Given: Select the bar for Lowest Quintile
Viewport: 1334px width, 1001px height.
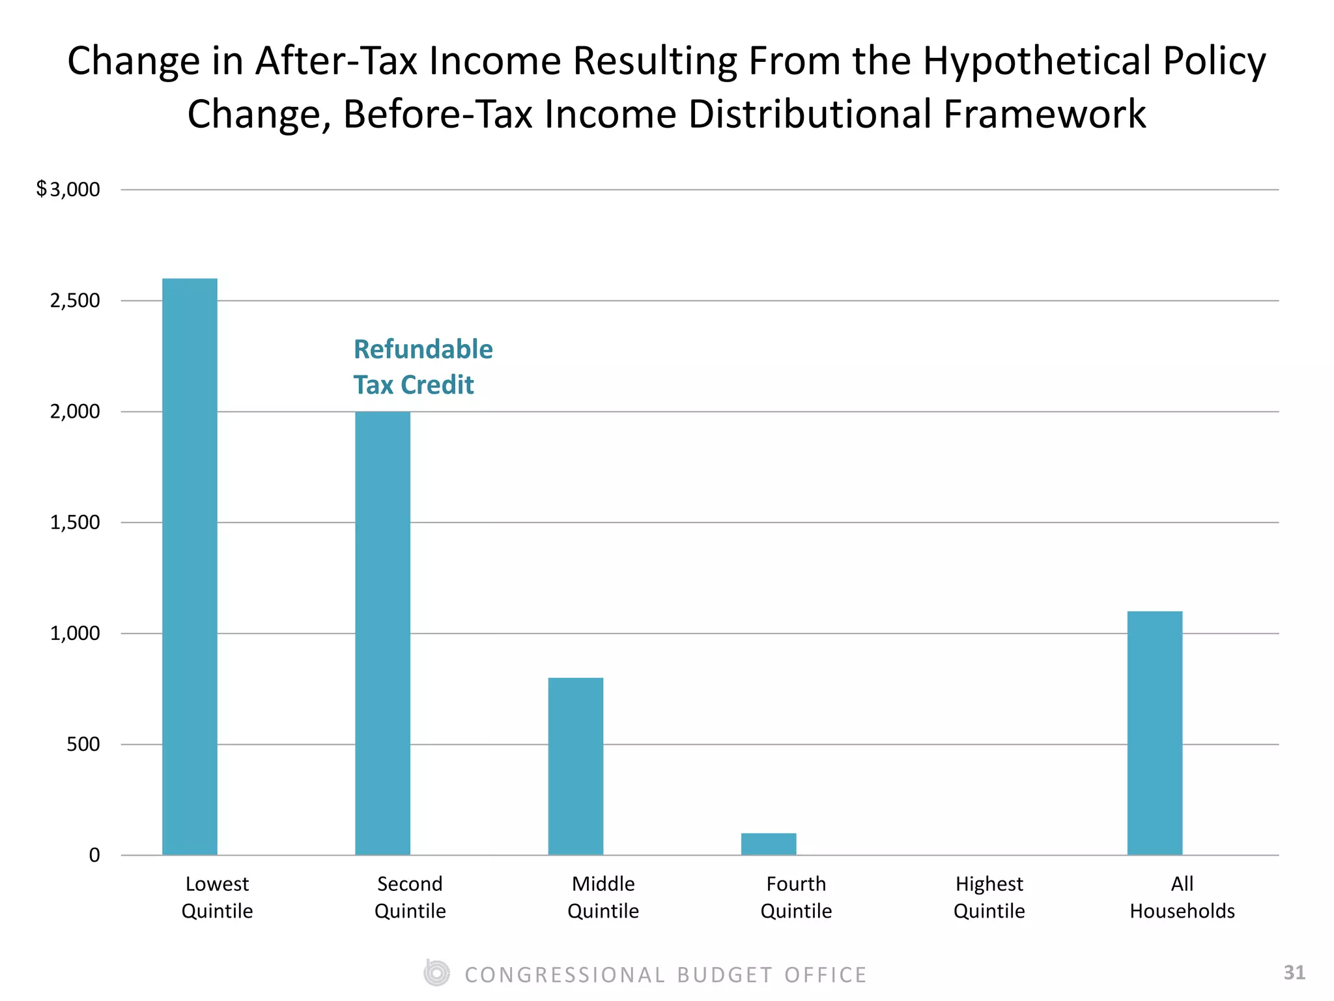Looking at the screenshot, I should (190, 566).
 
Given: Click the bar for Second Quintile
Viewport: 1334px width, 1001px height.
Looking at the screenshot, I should (382, 633).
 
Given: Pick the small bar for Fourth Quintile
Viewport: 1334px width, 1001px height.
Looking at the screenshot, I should (769, 844).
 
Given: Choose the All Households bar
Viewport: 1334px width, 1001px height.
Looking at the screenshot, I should (1154, 733).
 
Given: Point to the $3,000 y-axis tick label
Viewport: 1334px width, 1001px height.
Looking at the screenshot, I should (68, 190).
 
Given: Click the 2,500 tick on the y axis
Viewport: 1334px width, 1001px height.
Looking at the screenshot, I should (75, 300).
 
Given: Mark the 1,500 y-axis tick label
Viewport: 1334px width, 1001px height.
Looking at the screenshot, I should (75, 522).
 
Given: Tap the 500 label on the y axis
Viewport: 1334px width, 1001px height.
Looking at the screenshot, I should (83, 744).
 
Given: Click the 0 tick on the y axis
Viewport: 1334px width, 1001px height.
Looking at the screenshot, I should (94, 855).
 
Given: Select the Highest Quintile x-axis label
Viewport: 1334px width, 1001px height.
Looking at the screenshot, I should (989, 897).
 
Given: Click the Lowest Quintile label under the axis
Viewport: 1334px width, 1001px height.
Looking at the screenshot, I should (217, 897).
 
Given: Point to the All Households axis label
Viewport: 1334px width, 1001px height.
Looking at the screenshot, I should (1182, 897).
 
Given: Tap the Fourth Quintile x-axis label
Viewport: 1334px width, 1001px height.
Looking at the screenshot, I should (796, 897).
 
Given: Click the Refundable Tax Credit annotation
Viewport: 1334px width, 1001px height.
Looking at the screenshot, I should (423, 367).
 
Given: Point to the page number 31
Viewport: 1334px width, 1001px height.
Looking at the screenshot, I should (1294, 973).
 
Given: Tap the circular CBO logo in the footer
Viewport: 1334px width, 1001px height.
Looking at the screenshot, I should (436, 974).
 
